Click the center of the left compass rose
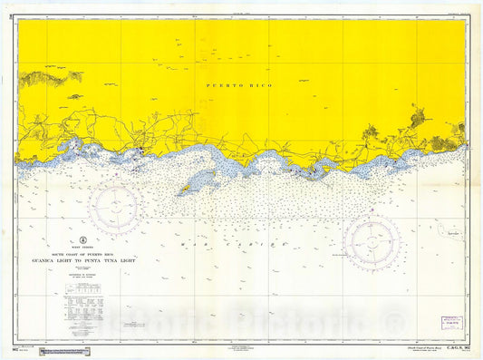pyautogui.click(x=113, y=208)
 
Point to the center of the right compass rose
pyautogui.click(x=372, y=242)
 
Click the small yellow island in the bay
pyautogui.click(x=187, y=189)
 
